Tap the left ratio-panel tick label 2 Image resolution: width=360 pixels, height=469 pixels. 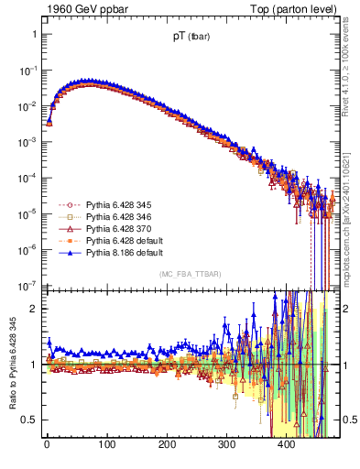coord(33,309)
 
